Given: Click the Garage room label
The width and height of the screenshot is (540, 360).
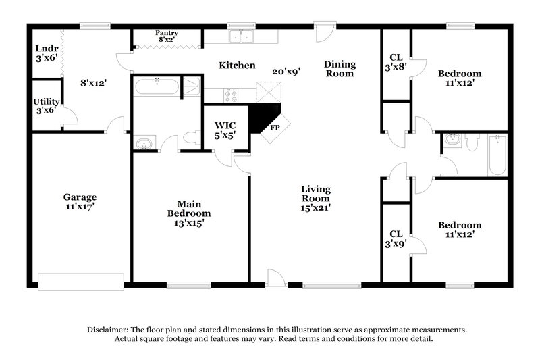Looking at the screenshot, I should click(80, 197).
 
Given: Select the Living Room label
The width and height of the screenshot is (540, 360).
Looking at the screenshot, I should click(315, 194).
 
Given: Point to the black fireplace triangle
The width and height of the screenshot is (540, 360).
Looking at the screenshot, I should click(261, 118).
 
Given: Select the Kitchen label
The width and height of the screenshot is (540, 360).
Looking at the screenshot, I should click(236, 66).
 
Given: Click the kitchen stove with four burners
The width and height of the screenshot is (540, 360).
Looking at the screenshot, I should click(231, 97).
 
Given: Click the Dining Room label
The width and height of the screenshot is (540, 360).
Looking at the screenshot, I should click(340, 69).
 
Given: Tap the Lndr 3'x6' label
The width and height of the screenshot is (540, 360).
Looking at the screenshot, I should click(47, 53).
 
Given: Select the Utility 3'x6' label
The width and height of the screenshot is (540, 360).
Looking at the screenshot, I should click(47, 106).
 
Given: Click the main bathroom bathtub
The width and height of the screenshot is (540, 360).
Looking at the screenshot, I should click(157, 87).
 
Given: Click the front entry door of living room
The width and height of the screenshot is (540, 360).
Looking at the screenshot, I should click(276, 279).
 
